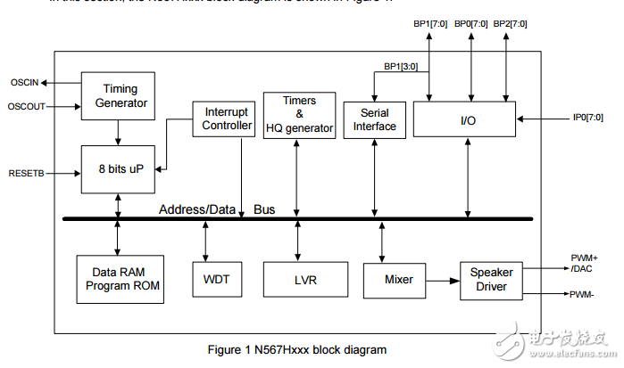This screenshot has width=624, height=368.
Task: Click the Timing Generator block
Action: [121, 95]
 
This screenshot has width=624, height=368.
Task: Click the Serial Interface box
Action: [373, 119]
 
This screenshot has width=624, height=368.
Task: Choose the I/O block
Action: [466, 119]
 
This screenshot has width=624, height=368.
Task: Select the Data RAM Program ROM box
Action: [121, 279]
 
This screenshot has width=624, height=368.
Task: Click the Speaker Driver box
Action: [488, 280]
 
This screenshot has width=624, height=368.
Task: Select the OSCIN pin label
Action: [24, 83]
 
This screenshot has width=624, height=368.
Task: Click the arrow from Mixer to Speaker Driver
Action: [441, 280]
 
